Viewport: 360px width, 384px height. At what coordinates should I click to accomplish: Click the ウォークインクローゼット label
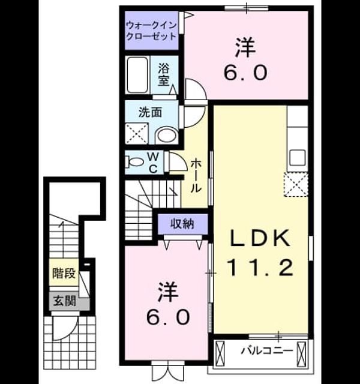click(x=151, y=31)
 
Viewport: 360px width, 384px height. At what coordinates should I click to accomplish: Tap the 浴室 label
click(x=164, y=74)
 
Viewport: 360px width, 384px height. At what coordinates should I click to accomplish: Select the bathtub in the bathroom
click(x=138, y=75)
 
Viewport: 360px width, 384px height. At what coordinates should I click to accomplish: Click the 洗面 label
click(x=150, y=112)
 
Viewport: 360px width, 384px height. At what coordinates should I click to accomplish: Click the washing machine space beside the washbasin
click(x=137, y=134)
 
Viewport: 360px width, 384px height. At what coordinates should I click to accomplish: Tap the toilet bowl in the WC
click(x=135, y=162)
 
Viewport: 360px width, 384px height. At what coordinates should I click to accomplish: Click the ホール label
click(x=196, y=175)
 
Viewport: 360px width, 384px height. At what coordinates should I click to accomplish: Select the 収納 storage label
click(x=182, y=224)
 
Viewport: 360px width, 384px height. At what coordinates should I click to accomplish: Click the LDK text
click(x=260, y=238)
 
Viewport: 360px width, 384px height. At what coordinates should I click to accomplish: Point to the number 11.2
click(x=260, y=268)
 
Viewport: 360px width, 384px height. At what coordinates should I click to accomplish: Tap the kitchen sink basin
click(x=298, y=157)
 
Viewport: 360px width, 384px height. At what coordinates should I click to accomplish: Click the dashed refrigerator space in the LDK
click(x=296, y=184)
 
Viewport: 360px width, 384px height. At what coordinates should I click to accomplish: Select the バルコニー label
click(x=267, y=351)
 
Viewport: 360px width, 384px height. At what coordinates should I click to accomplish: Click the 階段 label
click(x=64, y=274)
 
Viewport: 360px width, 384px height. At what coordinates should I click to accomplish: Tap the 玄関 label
click(x=64, y=301)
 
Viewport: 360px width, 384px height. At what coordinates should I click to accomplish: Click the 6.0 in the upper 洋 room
click(x=245, y=73)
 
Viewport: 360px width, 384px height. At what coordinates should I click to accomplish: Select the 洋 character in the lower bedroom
click(x=168, y=292)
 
